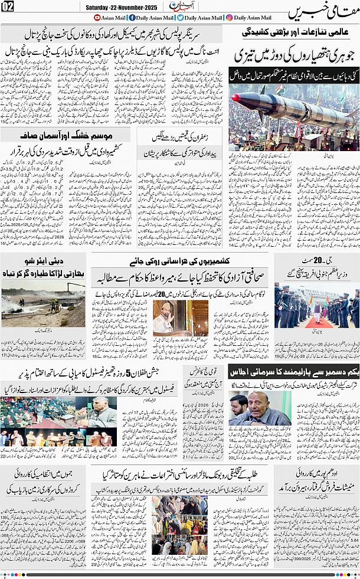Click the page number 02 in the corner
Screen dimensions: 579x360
click(8, 6)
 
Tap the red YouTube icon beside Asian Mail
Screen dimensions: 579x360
click(97, 18)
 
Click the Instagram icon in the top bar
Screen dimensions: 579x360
click(229, 18)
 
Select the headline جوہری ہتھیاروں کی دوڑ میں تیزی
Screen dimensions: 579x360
click(293, 57)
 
